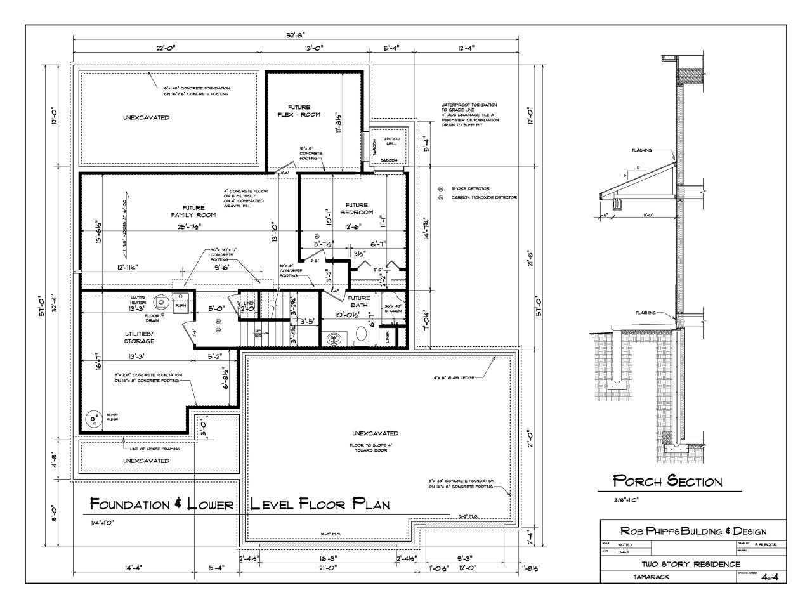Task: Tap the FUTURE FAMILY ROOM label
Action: click(193, 211)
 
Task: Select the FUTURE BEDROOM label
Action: click(357, 209)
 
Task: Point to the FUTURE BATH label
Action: click(358, 301)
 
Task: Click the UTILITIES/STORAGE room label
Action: click(138, 337)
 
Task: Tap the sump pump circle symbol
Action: click(95, 419)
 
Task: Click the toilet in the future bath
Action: click(361, 334)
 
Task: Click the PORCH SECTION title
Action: click(667, 481)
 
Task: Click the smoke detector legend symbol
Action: click(441, 189)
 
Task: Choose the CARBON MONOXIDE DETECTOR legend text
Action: click(484, 198)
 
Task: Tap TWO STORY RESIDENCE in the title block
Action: click(690, 564)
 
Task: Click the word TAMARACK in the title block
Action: click(651, 577)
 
